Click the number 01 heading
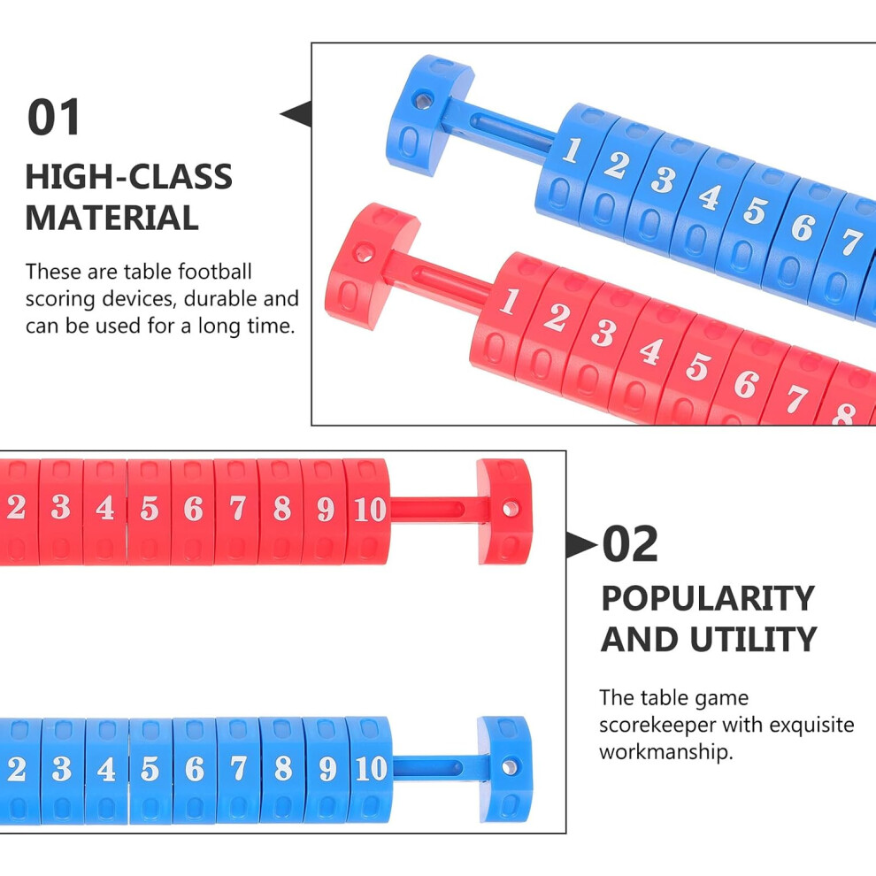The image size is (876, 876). tap(54, 118)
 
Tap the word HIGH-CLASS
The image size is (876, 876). tap(129, 177)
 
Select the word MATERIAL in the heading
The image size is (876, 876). tap(112, 218)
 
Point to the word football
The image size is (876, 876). tap(215, 272)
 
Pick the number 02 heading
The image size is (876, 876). tap(630, 544)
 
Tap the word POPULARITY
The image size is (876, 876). tap(708, 599)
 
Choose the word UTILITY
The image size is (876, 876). tap(754, 640)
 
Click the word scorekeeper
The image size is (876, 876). tap(657, 726)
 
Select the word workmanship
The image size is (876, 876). tap(666, 752)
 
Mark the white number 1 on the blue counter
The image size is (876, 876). tap(571, 150)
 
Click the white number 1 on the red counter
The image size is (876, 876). tap(510, 302)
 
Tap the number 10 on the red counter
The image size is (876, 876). tap(370, 510)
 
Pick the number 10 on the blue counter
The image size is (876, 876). tap(371, 768)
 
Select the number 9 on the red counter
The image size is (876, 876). tap(326, 509)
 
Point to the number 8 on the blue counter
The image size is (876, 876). tap(283, 768)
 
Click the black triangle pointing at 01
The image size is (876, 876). tap(296, 113)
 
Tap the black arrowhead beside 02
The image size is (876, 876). tap(581, 545)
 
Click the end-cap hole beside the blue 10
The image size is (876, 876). tap(510, 767)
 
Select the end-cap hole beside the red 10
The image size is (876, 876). tap(510, 509)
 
